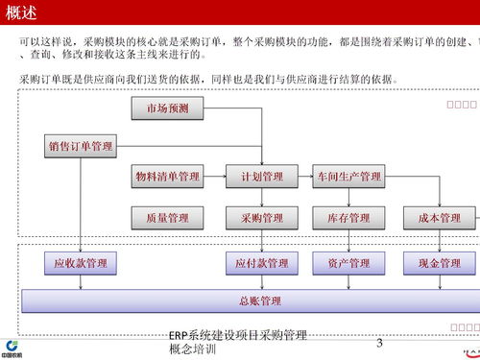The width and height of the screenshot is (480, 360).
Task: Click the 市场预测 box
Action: tap(167, 108)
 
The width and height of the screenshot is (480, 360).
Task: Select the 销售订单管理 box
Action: tap(81, 147)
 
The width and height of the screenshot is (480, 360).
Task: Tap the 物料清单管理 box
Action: tap(167, 177)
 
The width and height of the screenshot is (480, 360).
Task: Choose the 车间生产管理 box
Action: tap(348, 177)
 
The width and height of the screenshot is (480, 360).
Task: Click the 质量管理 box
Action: tap(167, 219)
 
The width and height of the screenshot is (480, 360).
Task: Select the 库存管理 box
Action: tap(348, 219)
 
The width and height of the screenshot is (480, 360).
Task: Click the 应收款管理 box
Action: tap(81, 262)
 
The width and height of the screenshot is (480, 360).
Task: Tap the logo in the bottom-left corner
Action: tap(13, 348)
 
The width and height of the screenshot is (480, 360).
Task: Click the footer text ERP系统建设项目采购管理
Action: tap(237, 335)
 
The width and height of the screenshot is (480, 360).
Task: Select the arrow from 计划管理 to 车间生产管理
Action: tap(301, 177)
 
